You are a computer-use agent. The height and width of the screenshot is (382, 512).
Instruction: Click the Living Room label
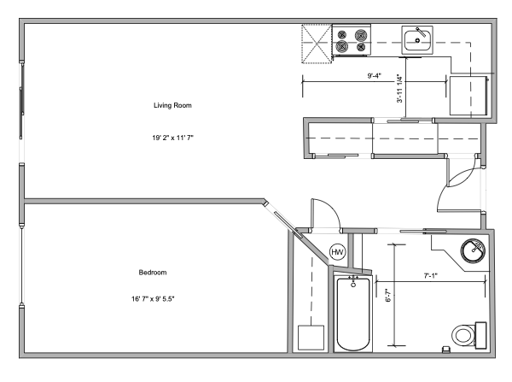click(172, 105)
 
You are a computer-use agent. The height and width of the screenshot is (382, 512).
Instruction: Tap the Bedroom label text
click(153, 273)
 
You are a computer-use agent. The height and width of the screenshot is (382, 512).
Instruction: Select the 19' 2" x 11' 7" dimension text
click(172, 138)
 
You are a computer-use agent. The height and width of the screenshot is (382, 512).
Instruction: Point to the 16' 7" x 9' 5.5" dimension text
click(153, 298)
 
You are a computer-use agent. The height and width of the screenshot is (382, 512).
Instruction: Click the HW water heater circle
click(337, 252)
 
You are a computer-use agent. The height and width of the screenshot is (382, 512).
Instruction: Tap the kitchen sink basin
click(417, 40)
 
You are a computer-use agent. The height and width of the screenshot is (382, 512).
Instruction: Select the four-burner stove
click(352, 40)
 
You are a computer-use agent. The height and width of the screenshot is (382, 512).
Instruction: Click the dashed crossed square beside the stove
click(317, 44)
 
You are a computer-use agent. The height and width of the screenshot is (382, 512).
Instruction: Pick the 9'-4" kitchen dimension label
click(375, 76)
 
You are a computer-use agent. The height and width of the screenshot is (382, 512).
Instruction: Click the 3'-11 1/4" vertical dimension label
click(399, 89)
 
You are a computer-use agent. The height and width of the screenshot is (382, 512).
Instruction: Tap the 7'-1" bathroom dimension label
click(430, 276)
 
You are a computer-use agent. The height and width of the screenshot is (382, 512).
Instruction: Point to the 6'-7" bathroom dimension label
click(388, 295)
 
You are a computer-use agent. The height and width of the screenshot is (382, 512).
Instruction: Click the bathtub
click(353, 314)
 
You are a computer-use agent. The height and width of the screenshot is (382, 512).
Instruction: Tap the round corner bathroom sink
click(473, 251)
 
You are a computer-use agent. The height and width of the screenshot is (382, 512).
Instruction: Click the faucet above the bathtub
click(353, 281)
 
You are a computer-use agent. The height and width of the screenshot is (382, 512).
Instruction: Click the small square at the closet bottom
click(311, 338)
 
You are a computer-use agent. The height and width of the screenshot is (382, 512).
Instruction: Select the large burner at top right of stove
click(361, 34)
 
